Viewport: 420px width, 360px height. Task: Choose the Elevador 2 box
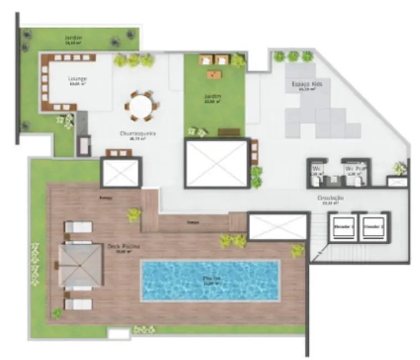tap(372, 227)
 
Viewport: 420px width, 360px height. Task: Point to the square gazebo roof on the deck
tap(80, 265)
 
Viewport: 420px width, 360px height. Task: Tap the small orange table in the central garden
tap(214, 73)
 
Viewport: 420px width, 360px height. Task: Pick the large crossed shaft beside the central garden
tap(216, 163)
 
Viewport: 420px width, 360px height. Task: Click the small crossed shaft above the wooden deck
tap(121, 173)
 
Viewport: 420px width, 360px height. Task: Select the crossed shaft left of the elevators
tap(277, 227)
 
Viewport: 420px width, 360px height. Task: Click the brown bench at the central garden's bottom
tap(229, 132)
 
